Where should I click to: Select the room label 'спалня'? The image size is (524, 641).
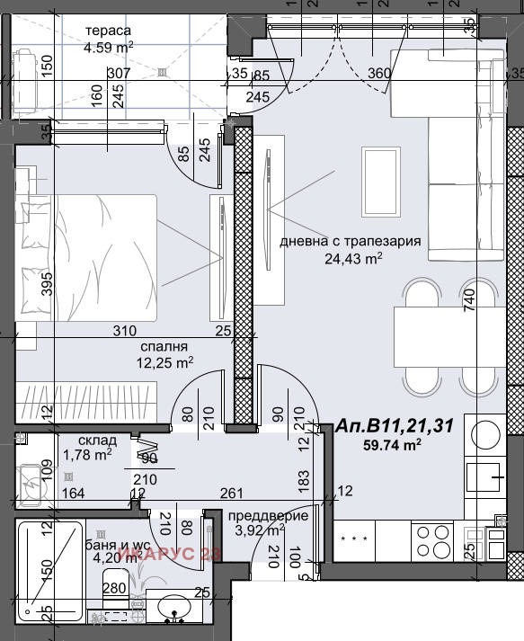click(164, 345)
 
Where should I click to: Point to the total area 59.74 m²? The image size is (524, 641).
click(393, 445)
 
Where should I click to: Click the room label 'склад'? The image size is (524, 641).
click(96, 441)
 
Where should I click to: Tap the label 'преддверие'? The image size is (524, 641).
click(268, 515)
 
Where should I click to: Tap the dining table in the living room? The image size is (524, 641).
click(449, 335)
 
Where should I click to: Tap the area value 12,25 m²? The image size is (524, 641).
click(164, 362)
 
